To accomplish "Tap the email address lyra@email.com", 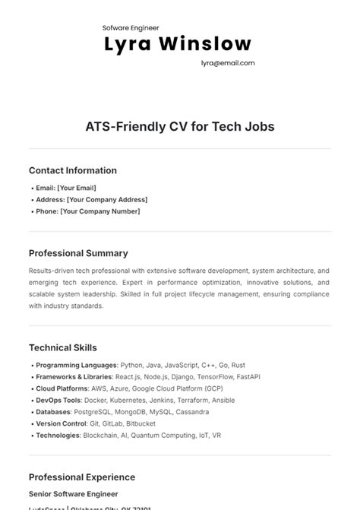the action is point(228,64).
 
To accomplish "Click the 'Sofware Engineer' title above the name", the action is point(131,27).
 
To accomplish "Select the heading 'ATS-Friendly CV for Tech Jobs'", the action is point(180,126).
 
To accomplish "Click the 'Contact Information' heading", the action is point(73,171).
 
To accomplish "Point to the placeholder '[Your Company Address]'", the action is point(107,200).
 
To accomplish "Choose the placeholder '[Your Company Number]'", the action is point(100,211).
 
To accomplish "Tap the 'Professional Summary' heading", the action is point(78,253).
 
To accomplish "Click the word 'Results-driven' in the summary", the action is point(51,271).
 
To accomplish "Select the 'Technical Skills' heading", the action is point(63,348).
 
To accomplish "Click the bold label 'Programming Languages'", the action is point(76,365).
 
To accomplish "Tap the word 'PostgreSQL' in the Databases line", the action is point(93,412).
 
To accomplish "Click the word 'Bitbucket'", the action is point(142,424).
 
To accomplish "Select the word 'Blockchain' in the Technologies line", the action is point(99,436).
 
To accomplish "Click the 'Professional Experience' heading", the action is point(82,477).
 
